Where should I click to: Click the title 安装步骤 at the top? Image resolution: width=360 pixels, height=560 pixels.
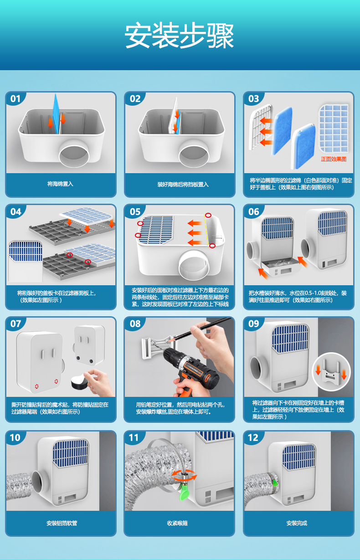[179, 35]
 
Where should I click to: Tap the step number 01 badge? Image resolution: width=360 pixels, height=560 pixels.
[15, 99]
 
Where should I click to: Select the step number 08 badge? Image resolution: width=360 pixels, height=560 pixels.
[135, 324]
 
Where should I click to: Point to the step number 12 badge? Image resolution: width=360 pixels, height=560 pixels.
[253, 437]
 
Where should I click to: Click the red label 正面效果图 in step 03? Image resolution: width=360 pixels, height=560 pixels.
[334, 159]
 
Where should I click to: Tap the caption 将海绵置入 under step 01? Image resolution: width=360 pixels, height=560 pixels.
[60, 184]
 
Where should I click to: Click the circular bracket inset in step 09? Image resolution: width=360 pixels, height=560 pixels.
[331, 372]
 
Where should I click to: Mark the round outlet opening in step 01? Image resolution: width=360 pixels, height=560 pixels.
[74, 154]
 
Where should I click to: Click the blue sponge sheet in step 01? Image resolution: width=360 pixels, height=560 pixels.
[56, 114]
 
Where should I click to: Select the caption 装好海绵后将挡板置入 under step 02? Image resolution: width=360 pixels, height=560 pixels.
[183, 185]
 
